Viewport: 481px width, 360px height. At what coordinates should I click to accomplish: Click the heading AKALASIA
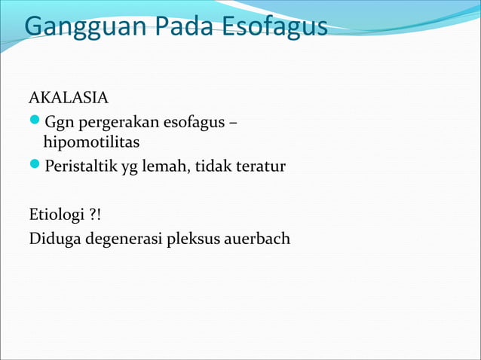coord(69,98)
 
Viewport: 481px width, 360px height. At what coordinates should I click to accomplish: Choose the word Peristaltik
coord(76,166)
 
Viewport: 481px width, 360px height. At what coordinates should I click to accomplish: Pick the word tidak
coord(213,166)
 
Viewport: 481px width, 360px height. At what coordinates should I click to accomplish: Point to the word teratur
coord(259,166)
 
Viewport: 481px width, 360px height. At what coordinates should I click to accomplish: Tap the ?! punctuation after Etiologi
coord(95,214)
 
